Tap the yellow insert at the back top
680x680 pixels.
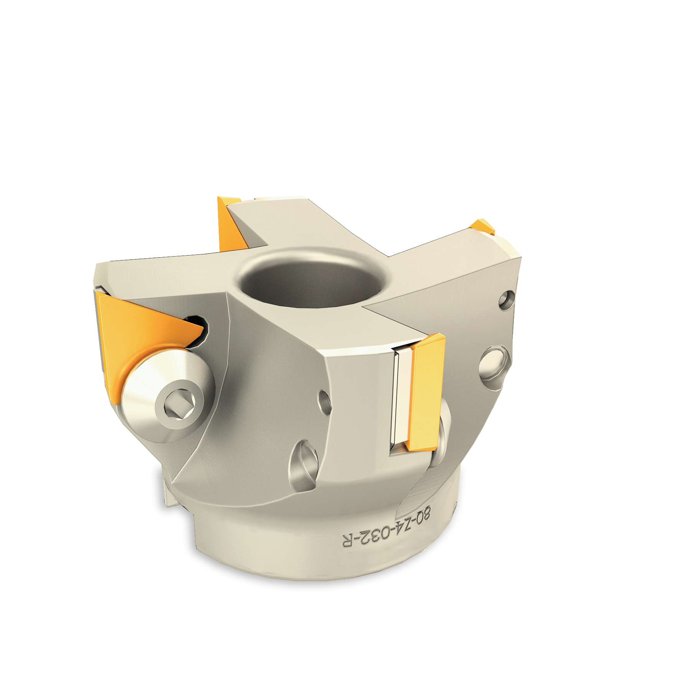[231, 223]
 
